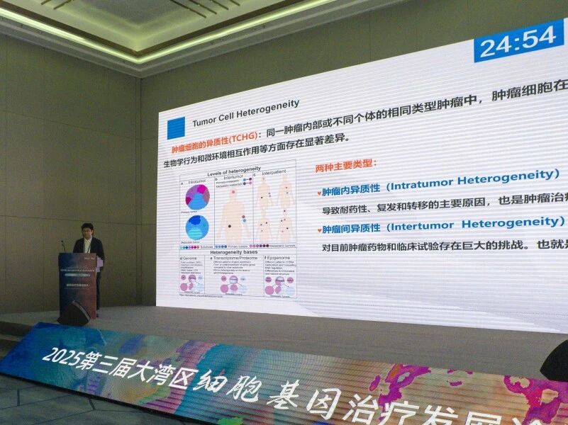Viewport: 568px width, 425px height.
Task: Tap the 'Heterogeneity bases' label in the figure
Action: click(234, 252)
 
